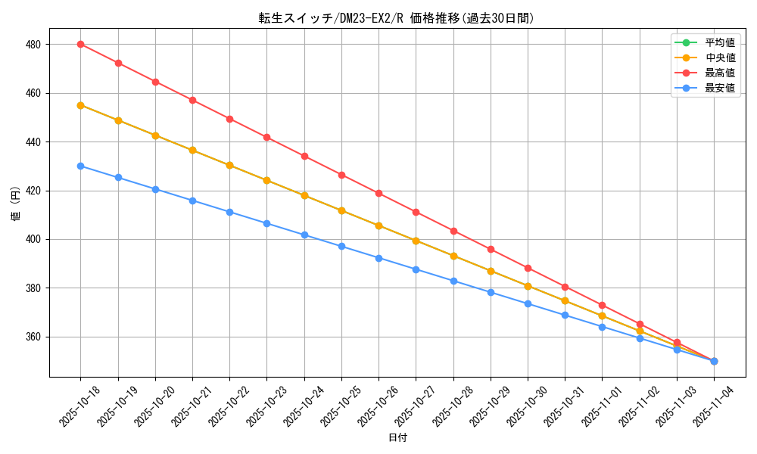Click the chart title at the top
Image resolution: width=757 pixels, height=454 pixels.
coord(397,19)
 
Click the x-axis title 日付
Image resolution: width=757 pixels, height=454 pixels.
coord(397,438)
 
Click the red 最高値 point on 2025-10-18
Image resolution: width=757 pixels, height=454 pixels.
coord(80,44)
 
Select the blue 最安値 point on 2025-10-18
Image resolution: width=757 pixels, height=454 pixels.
coord(80,166)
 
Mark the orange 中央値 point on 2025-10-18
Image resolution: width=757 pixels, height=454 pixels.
coord(80,105)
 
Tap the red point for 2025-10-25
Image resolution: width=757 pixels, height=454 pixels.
coord(341,175)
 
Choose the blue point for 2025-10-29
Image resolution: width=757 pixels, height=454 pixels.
coord(491,292)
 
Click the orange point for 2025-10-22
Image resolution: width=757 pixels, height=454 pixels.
coord(229,165)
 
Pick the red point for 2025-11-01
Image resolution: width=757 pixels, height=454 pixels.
coord(602,305)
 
